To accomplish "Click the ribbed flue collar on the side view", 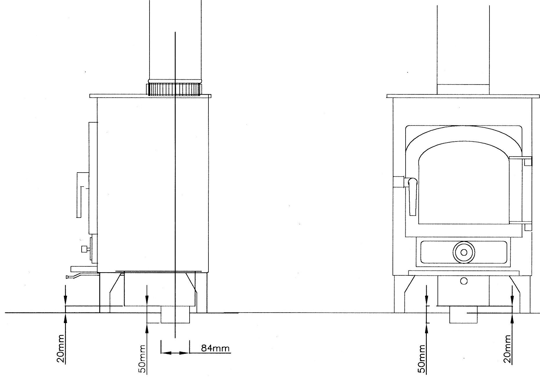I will click(x=174, y=89).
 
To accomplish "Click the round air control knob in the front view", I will click(x=463, y=252).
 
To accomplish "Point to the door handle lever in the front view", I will click(x=413, y=198).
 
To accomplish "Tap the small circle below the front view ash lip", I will click(x=464, y=281).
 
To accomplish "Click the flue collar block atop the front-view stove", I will click(x=463, y=89).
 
